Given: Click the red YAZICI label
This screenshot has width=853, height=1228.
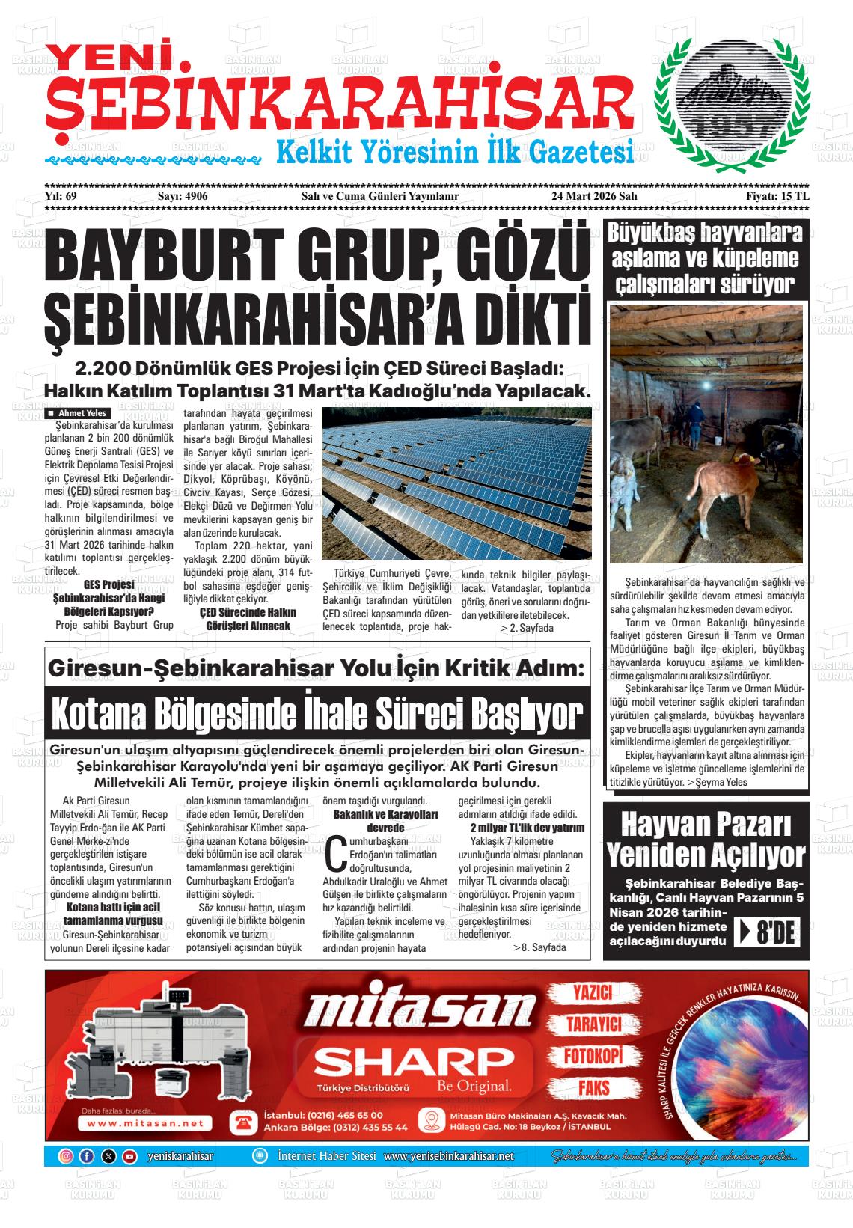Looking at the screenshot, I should click(x=593, y=992).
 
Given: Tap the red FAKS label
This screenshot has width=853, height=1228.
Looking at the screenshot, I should click(x=593, y=1087).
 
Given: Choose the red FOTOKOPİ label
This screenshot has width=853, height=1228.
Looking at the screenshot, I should click(x=593, y=1055).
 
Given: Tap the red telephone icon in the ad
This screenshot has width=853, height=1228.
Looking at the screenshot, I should click(x=242, y=1121).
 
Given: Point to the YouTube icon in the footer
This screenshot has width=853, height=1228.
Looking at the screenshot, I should click(x=129, y=1156).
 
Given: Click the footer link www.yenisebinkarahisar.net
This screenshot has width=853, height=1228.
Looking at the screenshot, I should click(x=449, y=1156).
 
